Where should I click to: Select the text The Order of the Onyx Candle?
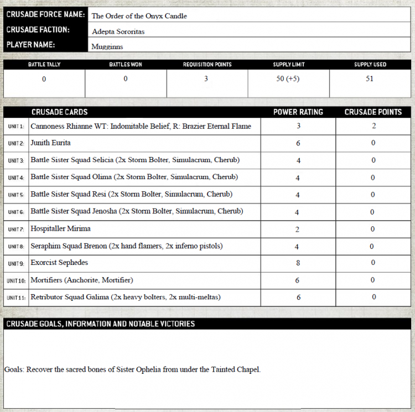[x=139, y=16]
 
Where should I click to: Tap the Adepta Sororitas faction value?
[x=118, y=32]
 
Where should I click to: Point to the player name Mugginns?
[x=107, y=47]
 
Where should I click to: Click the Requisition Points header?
[x=207, y=65]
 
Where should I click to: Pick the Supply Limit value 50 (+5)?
[x=288, y=79]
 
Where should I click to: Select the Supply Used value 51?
[x=370, y=79]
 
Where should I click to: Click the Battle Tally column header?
[x=44, y=65]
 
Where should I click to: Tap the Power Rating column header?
[x=298, y=112]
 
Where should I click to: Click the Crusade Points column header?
[x=373, y=112]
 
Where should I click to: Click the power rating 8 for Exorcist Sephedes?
[x=298, y=263]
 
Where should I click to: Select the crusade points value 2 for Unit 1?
[x=373, y=126]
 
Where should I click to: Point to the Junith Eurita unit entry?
[x=50, y=143]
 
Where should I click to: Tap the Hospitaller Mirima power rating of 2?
[x=298, y=229]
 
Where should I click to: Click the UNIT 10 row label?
[x=17, y=280]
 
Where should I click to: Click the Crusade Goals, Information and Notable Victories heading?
[x=100, y=324]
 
